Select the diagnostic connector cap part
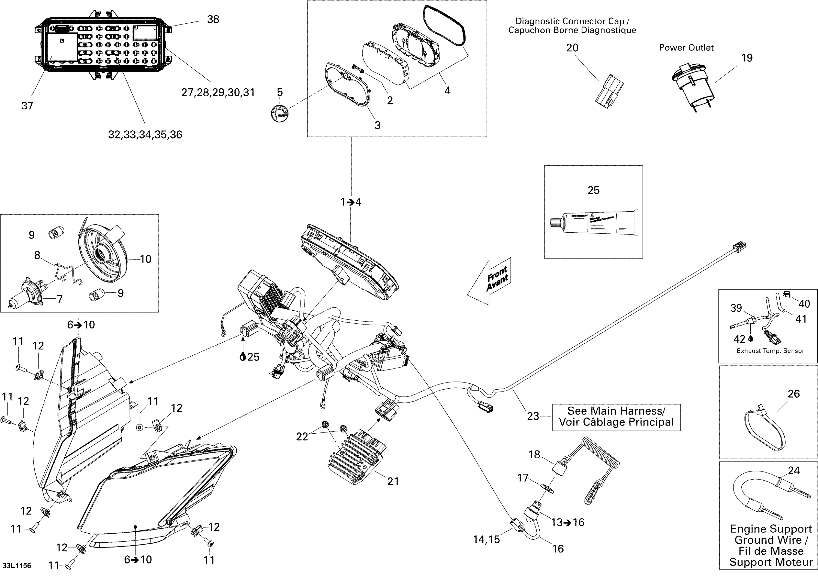(609, 91)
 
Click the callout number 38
(213, 19)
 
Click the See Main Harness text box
(616, 417)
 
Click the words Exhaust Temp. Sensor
(770, 351)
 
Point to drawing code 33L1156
(17, 566)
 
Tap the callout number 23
(533, 416)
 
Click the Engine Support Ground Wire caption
(771, 545)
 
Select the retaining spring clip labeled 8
(67, 273)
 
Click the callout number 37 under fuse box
(27, 106)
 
